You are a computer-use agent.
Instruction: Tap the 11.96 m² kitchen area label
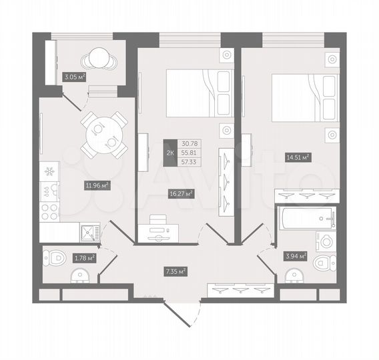(97, 185)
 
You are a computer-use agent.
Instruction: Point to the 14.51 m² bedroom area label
(298, 158)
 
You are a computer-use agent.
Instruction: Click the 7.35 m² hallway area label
(175, 271)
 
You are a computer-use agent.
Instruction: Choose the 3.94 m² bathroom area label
(295, 255)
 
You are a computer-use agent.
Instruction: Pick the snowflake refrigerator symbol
(48, 171)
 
